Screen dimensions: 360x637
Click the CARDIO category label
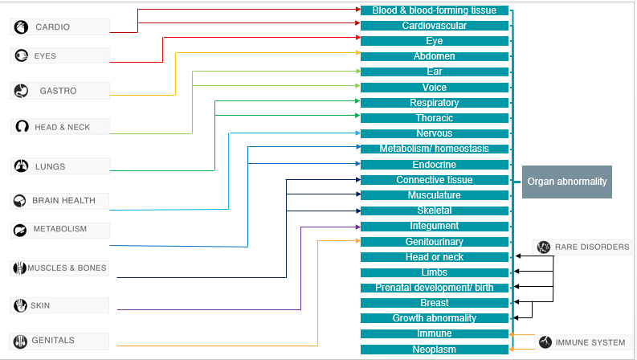[52, 27]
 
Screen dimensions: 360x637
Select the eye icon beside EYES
[21, 56]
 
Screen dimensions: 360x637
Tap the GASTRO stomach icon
[21, 91]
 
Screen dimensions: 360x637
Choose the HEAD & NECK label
[62, 127]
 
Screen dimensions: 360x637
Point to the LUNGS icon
[21, 166]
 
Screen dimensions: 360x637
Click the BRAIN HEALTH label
[63, 201]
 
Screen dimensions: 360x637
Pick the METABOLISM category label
[59, 229]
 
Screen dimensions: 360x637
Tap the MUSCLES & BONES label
[67, 268]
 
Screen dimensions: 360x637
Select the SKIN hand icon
[21, 305]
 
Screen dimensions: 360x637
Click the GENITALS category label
[53, 341]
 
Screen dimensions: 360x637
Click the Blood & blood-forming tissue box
[434, 10]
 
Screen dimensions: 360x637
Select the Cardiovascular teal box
[434, 26]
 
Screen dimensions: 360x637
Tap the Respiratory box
[434, 103]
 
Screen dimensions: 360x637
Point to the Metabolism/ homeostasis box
[434, 149]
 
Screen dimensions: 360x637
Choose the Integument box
[434, 226]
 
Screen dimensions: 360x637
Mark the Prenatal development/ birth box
[434, 288]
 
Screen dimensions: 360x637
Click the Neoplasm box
[434, 350]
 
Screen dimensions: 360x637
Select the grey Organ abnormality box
[566, 182]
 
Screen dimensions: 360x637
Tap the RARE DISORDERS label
[592, 247]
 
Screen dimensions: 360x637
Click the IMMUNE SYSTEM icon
[545, 342]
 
